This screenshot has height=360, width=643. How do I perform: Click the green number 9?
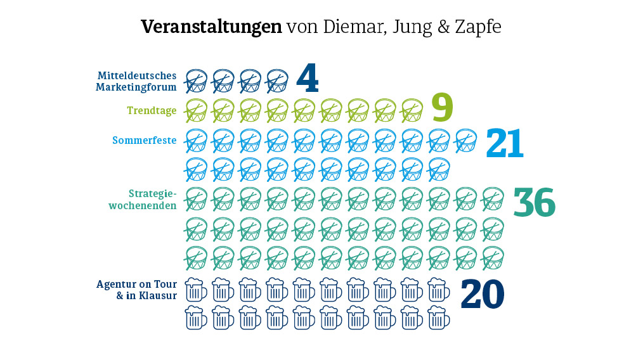(442, 108)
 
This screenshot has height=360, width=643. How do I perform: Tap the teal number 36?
(534, 202)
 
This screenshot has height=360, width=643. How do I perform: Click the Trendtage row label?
(152, 111)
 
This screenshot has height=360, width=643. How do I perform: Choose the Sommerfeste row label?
(145, 140)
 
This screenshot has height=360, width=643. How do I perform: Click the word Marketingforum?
(136, 87)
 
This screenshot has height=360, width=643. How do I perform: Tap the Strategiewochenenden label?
(143, 199)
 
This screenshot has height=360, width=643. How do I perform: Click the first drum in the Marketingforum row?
(196, 80)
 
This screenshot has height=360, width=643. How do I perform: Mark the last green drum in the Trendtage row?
(412, 110)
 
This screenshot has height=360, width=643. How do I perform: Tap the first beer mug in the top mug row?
(195, 290)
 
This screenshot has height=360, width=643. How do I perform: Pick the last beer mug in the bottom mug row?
(439, 318)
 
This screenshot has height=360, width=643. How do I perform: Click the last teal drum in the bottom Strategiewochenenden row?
(493, 257)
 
